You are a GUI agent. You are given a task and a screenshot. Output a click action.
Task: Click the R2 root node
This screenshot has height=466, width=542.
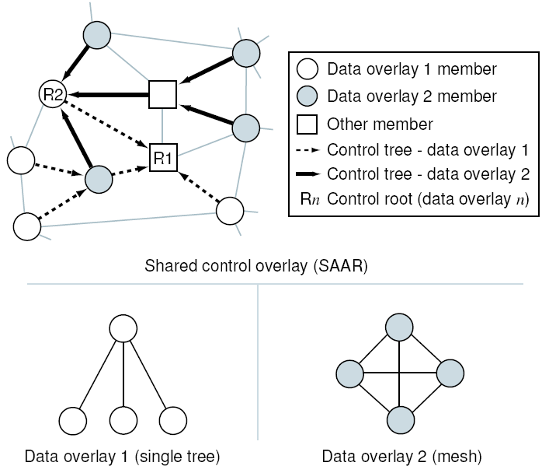click(53, 95)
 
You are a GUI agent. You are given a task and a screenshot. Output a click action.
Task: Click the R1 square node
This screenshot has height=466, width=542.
click(163, 158)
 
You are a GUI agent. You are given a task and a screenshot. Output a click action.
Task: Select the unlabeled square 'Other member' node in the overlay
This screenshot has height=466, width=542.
click(162, 94)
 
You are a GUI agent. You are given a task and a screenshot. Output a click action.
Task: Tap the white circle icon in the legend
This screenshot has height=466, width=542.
click(308, 69)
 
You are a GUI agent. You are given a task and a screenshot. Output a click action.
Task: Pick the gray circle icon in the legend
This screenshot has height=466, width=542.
click(308, 96)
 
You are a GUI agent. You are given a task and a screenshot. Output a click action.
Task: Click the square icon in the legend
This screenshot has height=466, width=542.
click(308, 124)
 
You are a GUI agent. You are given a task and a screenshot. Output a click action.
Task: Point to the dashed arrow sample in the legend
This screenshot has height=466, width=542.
click(309, 149)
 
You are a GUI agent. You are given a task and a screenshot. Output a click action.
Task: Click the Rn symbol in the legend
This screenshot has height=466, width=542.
click(308, 198)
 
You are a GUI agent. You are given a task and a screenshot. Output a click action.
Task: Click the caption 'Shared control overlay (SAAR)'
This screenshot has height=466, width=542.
click(256, 266)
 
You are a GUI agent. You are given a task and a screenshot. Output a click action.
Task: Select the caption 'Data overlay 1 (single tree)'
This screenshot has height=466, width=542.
click(123, 455)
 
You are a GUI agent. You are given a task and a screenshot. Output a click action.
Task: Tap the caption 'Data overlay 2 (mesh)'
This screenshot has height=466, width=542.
click(401, 455)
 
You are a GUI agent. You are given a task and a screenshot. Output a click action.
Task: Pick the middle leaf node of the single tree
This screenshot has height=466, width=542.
click(123, 420)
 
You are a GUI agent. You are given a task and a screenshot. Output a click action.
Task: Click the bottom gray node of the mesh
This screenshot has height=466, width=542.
click(398, 420)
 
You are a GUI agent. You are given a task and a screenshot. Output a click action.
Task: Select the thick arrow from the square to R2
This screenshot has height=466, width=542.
click(109, 95)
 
